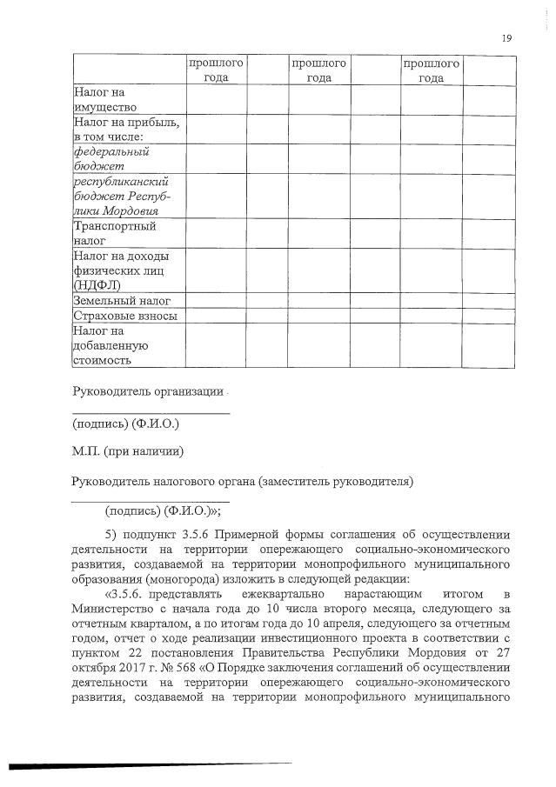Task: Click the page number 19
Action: point(506,37)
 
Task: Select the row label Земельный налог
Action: point(121,300)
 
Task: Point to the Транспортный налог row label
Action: point(102,234)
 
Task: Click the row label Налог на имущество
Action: point(104,98)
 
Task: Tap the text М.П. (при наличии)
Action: point(127,451)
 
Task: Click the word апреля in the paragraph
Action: point(337,624)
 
